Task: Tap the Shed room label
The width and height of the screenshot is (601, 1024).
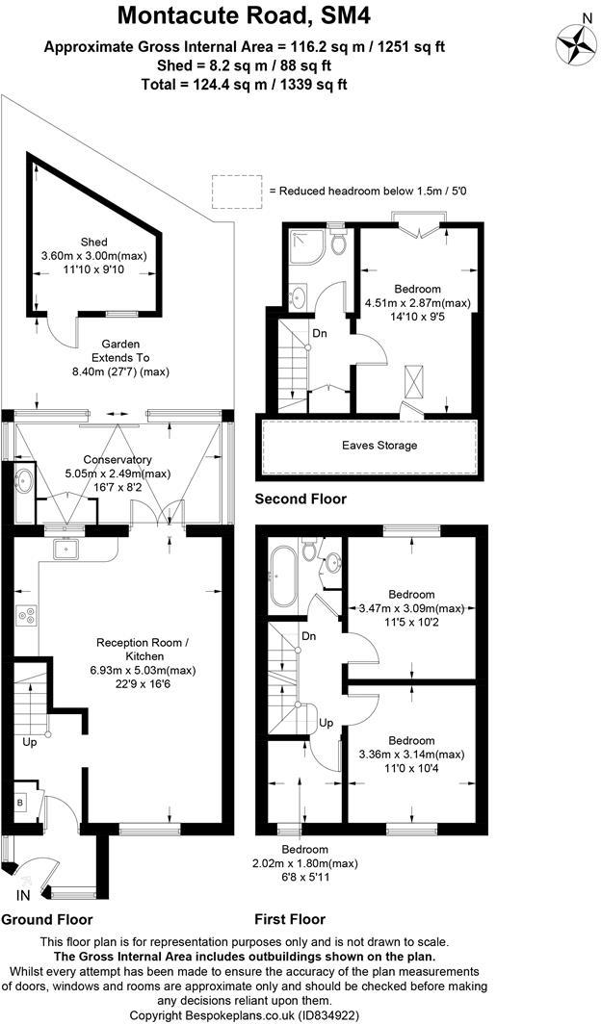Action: [x=94, y=243]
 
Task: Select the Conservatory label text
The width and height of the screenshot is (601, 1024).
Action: [x=117, y=460]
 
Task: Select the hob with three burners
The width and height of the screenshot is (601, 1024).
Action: [x=27, y=615]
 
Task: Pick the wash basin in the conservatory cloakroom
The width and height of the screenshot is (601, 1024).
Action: [x=24, y=482]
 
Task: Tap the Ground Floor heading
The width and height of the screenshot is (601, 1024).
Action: [x=47, y=919]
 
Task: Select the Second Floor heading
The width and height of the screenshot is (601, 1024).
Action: [x=300, y=499]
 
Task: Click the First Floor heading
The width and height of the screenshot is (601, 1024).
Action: [x=290, y=919]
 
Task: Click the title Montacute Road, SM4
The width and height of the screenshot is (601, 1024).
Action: [x=244, y=15]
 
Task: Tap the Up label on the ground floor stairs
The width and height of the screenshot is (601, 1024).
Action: [x=29, y=742]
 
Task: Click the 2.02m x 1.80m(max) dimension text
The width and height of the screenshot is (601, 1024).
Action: [x=304, y=863]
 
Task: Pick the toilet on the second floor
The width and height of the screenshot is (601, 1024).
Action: [x=338, y=243]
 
